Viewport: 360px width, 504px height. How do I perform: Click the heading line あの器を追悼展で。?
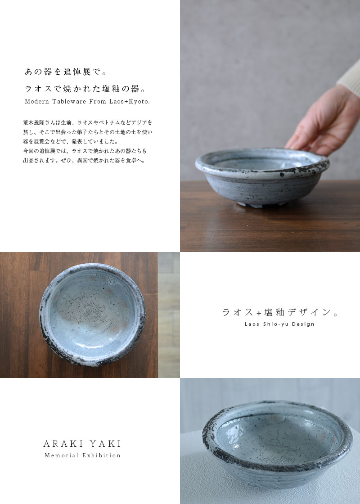[66, 72]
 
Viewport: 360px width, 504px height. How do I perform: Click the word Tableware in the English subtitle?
[69, 102]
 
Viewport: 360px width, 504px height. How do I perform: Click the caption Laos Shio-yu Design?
[279, 324]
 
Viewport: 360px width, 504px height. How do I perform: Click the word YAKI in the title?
[106, 444]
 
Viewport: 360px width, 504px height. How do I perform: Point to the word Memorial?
[61, 455]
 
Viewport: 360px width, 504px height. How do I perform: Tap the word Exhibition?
[102, 455]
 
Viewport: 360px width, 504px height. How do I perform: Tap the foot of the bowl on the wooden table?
[261, 204]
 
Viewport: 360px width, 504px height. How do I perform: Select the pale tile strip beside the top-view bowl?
[169, 315]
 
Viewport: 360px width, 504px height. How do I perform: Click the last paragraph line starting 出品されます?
[85, 160]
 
